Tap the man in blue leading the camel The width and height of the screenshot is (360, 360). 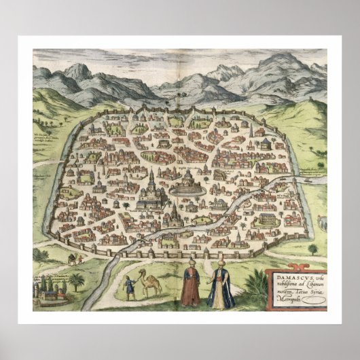[128, 287]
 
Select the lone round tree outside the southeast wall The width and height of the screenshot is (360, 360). [312, 248]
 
